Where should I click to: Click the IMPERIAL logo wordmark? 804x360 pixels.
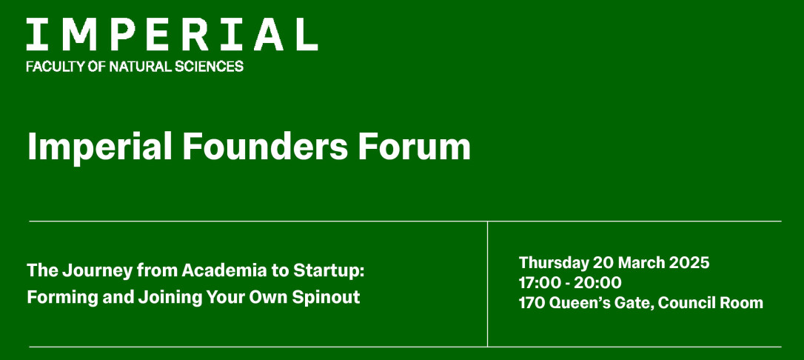click(x=172, y=34)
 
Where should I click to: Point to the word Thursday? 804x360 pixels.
click(x=554, y=263)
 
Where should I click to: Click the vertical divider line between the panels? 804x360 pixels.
click(x=488, y=284)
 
